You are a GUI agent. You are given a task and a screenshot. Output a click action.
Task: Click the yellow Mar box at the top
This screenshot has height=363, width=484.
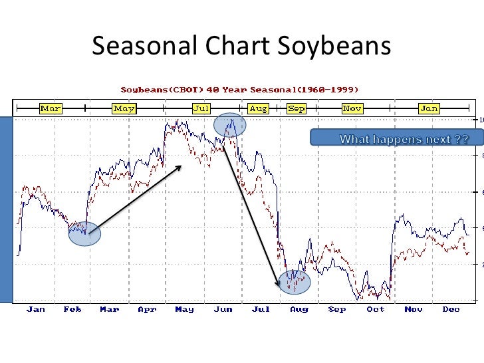click(x=51, y=108)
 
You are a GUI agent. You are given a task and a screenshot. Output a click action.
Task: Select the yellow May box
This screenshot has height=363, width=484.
click(x=124, y=108)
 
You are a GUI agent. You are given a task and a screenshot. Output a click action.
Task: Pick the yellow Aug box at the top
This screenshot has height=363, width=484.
click(x=258, y=108)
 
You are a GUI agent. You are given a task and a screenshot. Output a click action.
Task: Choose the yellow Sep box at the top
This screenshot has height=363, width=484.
click(x=297, y=108)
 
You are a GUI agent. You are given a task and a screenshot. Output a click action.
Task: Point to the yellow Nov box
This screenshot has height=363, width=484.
click(x=352, y=108)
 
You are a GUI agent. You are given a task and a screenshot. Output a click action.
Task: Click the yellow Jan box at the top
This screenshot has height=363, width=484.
click(x=429, y=108)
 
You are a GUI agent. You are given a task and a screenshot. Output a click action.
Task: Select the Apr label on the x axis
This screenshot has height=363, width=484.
click(x=147, y=309)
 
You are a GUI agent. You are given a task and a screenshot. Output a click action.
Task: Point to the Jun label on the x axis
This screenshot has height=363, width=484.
click(x=223, y=309)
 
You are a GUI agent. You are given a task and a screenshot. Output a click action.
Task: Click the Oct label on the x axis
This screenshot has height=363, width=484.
click(x=376, y=309)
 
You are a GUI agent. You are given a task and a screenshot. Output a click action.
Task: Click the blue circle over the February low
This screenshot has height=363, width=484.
click(x=84, y=233)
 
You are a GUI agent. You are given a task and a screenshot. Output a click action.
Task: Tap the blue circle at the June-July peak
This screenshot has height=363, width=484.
click(x=229, y=125)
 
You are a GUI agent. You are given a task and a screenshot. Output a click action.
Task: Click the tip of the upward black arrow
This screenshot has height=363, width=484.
click(x=182, y=166)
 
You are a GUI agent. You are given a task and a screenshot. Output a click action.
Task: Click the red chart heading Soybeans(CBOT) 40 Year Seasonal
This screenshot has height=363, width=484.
click(x=239, y=89)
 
